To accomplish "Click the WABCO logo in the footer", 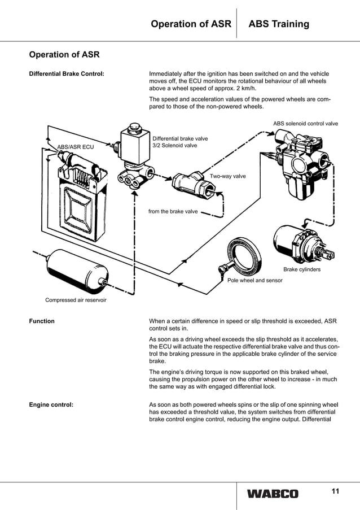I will click(272, 494).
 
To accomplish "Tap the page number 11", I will click(335, 491).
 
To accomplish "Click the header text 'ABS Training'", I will click(279, 24).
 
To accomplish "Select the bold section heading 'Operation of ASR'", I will click(64, 55).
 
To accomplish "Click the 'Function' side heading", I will click(42, 321).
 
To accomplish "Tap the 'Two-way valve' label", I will click(227, 177).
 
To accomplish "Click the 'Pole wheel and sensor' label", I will click(254, 280).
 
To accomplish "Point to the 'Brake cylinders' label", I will click(301, 269).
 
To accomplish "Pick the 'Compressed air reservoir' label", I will click(76, 300).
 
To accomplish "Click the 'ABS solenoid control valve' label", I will click(305, 123).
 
